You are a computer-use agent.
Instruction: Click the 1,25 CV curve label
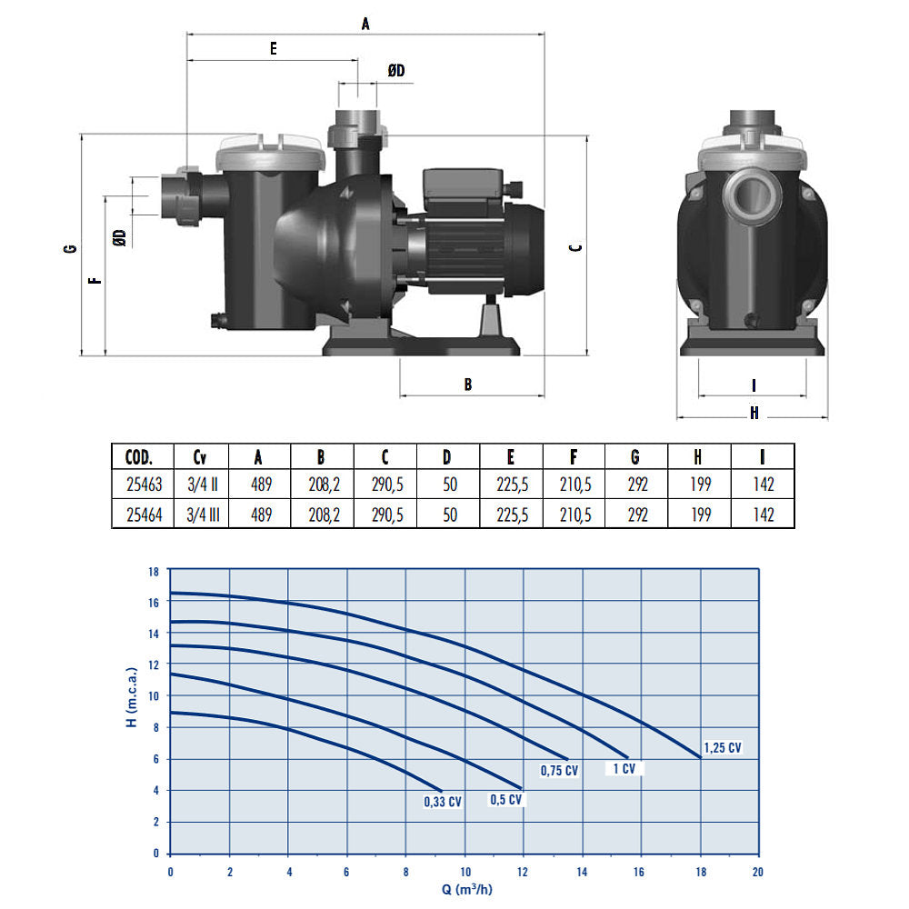click(723, 748)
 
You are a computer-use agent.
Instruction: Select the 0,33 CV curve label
click(443, 802)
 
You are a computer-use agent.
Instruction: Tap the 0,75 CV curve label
click(559, 771)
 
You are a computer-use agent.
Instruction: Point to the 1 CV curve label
click(624, 769)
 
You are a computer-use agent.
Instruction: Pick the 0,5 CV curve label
click(506, 800)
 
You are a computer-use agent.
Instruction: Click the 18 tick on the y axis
click(153, 572)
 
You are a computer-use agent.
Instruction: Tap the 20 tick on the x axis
click(757, 872)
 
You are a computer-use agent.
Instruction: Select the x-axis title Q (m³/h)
click(466, 889)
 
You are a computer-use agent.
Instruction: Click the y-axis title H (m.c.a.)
click(132, 697)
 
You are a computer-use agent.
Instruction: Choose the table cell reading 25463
click(145, 484)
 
